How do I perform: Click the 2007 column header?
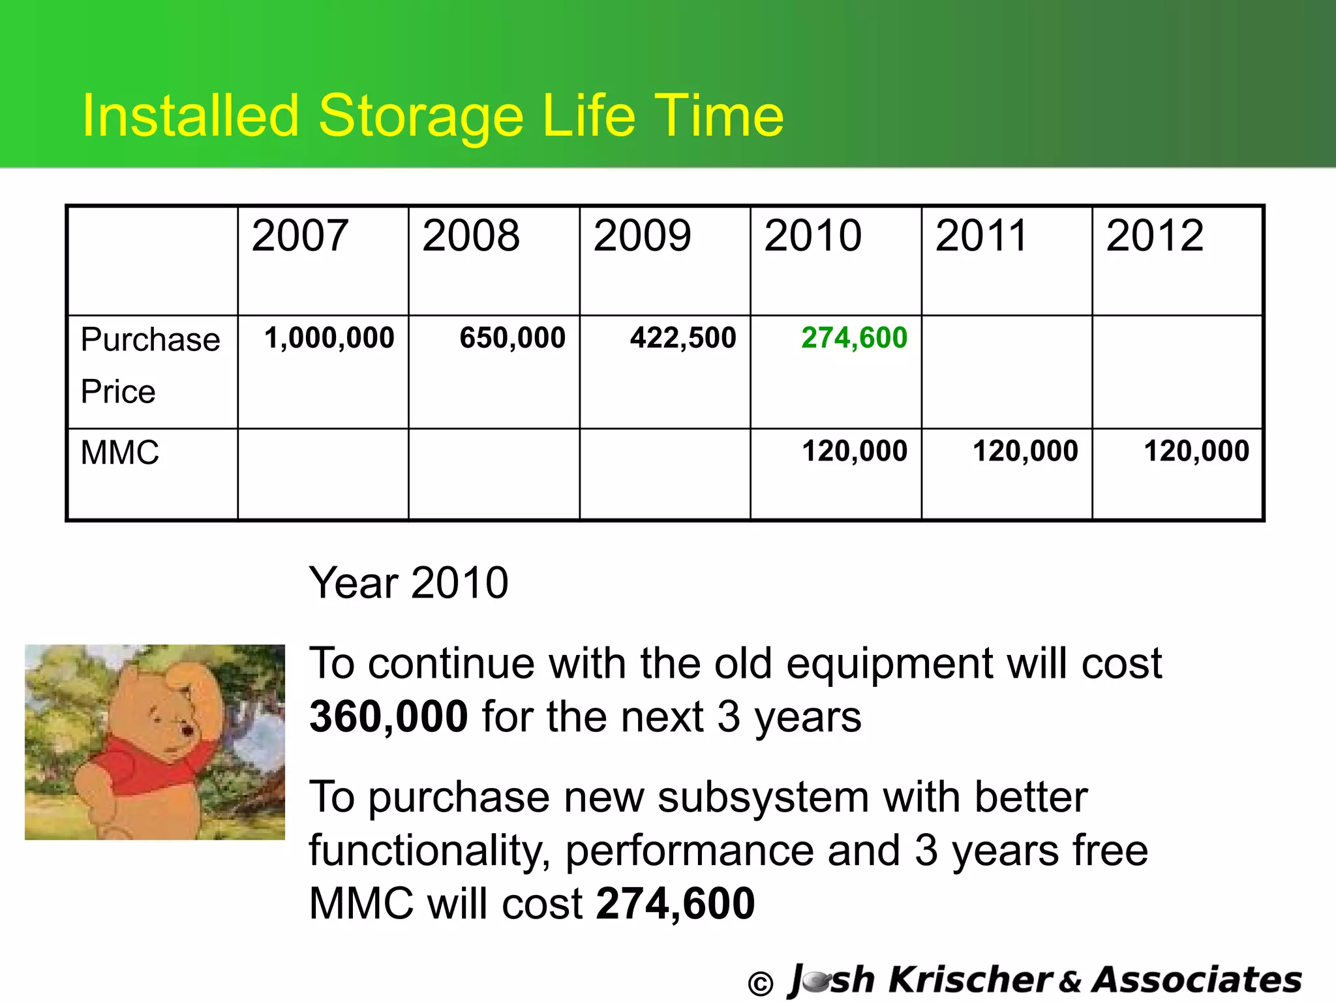coord(299,235)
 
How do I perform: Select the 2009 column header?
coord(642,235)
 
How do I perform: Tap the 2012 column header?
coord(1155,235)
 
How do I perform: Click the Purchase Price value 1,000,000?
coord(329,338)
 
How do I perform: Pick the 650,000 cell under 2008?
coord(512,338)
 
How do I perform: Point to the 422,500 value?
coord(683,338)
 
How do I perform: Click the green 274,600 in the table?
coord(854,338)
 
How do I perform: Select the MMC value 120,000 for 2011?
coord(1025,451)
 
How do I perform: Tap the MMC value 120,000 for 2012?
coord(1196,451)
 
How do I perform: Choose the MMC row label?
coord(120,453)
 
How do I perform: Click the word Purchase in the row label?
coord(150,340)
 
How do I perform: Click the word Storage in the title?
coord(421,116)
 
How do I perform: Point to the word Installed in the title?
coord(190,116)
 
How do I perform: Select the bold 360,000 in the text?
coord(388,716)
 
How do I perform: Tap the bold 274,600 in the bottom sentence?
coord(675,903)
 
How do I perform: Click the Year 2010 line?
coord(408,583)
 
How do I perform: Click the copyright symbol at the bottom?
coord(760,983)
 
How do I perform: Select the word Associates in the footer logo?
coord(1196,980)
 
